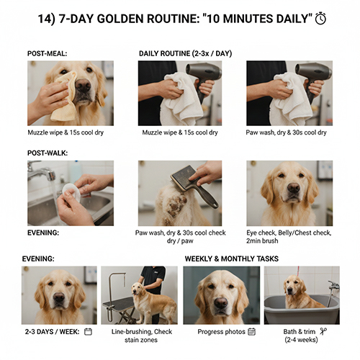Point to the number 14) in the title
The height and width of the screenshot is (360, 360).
[x=48, y=19]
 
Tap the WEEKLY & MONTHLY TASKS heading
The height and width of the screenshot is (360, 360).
[x=232, y=258]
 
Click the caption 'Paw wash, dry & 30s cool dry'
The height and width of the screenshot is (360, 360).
[x=287, y=132]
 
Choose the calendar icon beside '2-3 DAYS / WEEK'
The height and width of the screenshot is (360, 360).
[x=88, y=331]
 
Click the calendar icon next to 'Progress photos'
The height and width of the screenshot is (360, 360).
[x=251, y=331]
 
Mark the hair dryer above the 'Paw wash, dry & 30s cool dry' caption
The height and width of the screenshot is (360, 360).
[x=313, y=71]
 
